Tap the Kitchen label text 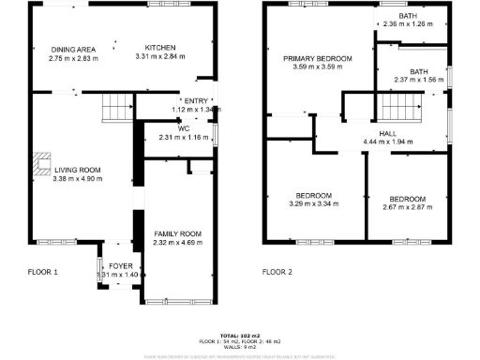160,48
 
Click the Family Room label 177,233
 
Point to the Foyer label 121,266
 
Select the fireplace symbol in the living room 43,164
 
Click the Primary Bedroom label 318,58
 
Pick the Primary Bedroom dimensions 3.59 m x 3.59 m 318,67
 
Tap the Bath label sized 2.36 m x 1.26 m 407,16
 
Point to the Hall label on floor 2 388,133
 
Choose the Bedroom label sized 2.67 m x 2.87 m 407,199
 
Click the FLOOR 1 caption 42,272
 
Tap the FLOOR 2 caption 277,272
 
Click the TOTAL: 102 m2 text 240,335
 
